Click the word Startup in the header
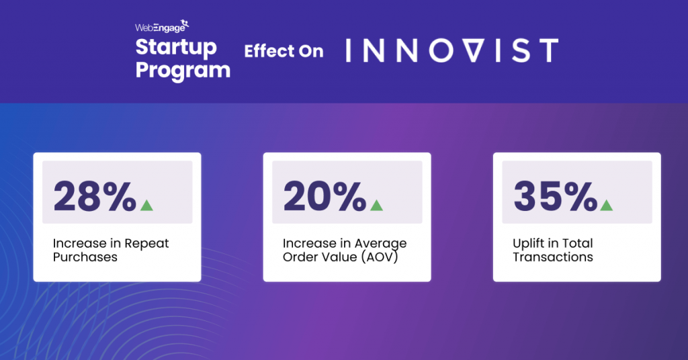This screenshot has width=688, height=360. click(176, 48)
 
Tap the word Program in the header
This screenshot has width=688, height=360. click(183, 70)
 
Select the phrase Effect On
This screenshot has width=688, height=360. click(284, 52)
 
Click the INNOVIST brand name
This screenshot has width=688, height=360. click(451, 51)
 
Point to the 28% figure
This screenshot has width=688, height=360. click(95, 197)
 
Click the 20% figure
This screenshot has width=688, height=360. click(325, 197)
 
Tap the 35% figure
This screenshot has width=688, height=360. click(555, 197)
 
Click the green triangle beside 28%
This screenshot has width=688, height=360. click(146, 205)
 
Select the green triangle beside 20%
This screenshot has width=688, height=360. click(376, 205)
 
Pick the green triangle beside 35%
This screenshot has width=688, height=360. click(606, 205)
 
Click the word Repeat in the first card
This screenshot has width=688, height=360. click(147, 243)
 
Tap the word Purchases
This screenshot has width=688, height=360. click(85, 257)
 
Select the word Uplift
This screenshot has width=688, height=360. click(530, 243)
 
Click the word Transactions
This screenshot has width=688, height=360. click(553, 257)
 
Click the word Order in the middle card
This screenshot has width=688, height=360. click(301, 257)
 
